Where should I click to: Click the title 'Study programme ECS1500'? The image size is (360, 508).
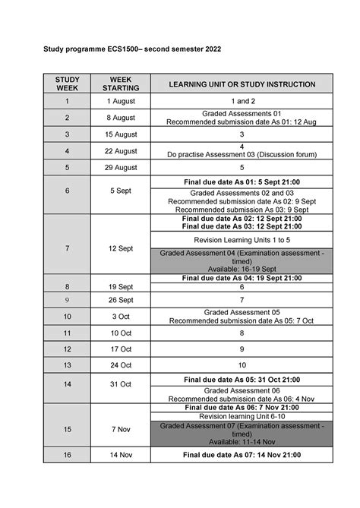126,48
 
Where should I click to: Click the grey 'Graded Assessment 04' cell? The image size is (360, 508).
242,261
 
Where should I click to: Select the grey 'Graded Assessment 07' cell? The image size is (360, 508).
242,433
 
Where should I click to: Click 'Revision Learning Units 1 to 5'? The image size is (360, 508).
242,238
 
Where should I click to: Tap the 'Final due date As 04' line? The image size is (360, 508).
242,279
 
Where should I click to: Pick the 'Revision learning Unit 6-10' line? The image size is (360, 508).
242,416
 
